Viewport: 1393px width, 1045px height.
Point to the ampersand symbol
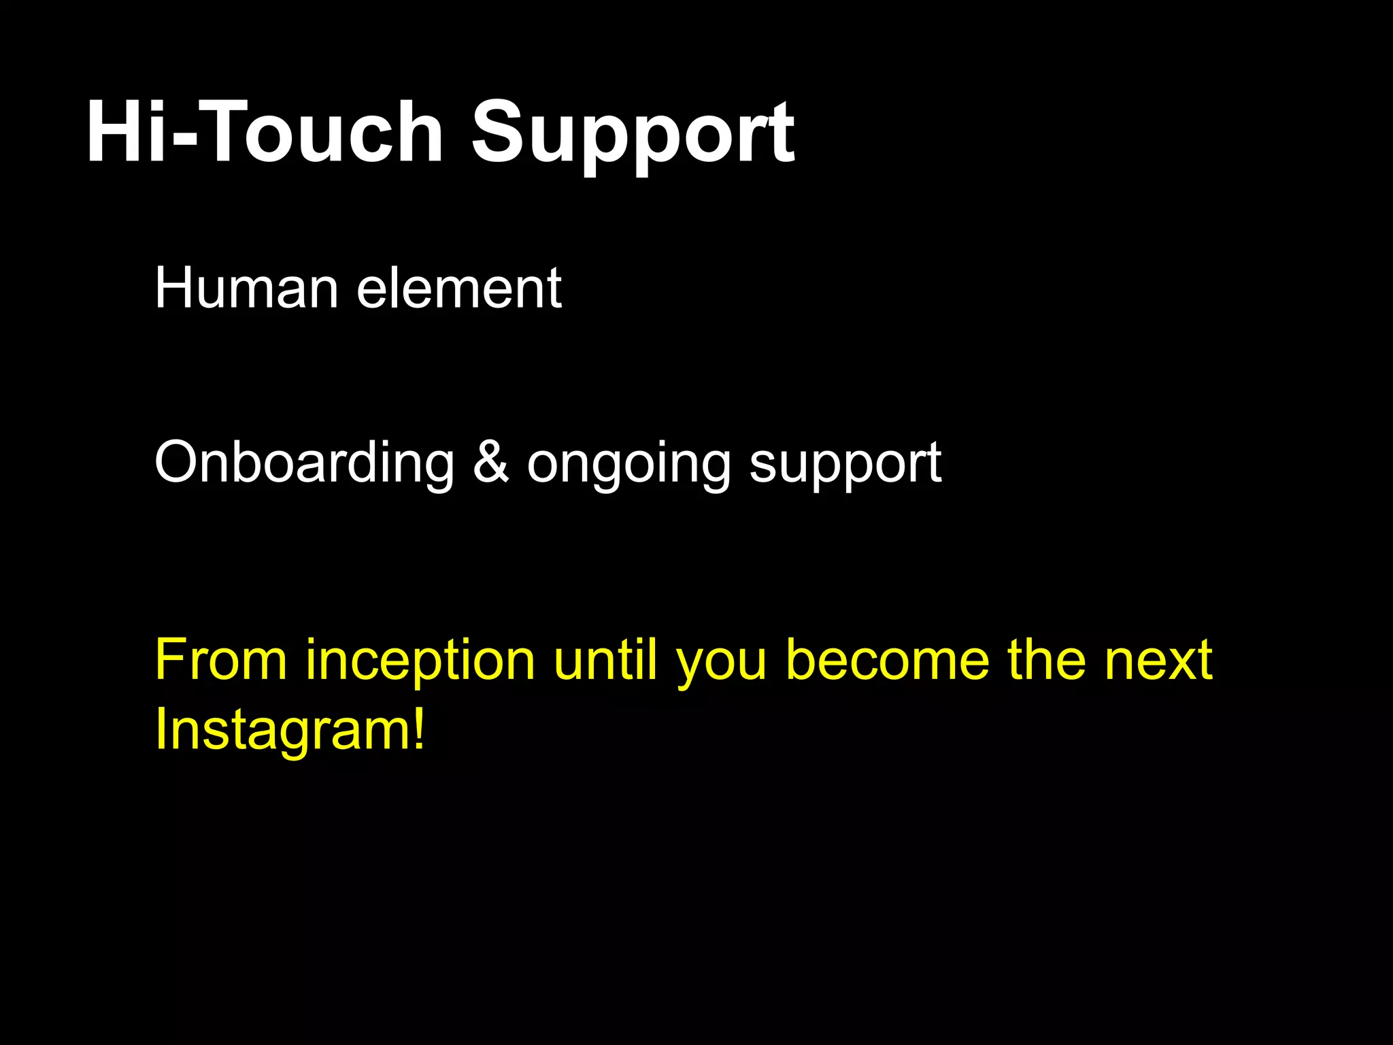(x=490, y=462)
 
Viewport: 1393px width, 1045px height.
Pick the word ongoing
(x=629, y=466)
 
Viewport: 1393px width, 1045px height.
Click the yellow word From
(x=221, y=659)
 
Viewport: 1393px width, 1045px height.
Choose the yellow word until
(x=605, y=659)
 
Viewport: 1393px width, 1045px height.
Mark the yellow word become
(x=888, y=659)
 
